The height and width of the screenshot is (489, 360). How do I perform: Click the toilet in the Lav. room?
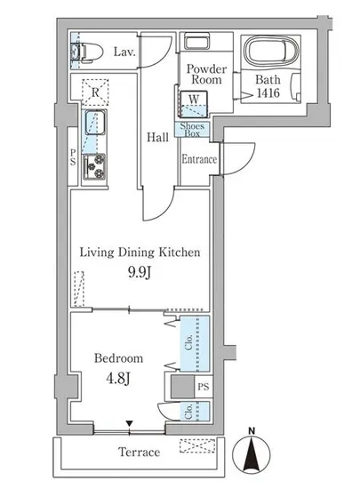[88, 51]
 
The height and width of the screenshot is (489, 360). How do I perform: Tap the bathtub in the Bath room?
[270, 50]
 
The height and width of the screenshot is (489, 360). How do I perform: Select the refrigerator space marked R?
[95, 92]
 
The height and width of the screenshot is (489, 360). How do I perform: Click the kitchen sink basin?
[95, 123]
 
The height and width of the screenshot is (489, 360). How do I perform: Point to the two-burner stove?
[94, 167]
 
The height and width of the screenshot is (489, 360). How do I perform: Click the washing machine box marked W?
[194, 103]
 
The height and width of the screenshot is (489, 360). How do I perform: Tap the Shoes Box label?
[192, 130]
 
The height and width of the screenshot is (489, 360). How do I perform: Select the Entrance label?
[199, 159]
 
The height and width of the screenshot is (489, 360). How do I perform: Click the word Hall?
[157, 137]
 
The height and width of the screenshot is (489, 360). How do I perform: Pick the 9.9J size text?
[140, 273]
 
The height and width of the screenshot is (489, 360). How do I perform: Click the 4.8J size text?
[118, 378]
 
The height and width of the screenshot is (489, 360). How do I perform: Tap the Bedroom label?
[119, 358]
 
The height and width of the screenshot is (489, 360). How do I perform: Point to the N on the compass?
[252, 431]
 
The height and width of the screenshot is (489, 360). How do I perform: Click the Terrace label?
[139, 452]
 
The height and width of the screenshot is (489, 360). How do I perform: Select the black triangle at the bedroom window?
[130, 423]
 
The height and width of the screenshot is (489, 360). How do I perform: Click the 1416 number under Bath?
[268, 93]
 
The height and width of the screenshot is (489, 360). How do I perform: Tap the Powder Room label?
[206, 74]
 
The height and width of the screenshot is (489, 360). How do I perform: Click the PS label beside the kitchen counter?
[73, 156]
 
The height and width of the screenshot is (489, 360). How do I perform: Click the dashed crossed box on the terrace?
[197, 446]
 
